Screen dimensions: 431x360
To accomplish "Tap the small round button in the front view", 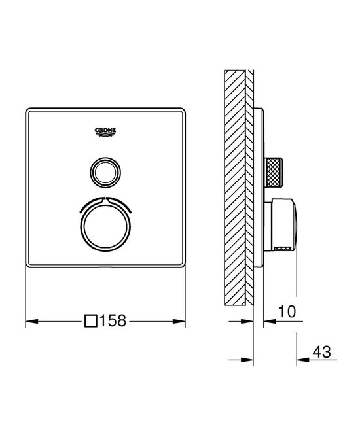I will click(x=105, y=173).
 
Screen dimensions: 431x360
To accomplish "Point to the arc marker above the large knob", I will click(x=105, y=200).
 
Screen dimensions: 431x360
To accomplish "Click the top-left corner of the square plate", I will click(x=27, y=110).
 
